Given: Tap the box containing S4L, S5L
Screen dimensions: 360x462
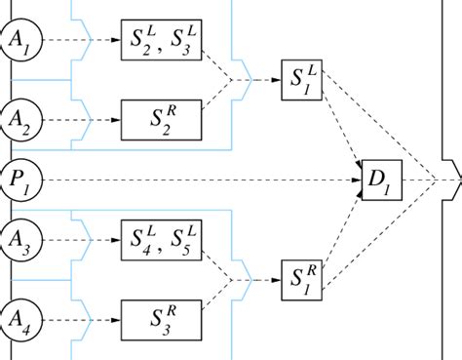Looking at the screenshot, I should [x=161, y=237].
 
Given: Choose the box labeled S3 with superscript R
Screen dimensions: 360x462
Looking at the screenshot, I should [x=161, y=317].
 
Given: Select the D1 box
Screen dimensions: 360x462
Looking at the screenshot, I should [x=377, y=180].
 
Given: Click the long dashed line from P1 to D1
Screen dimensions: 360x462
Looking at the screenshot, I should [x=195, y=180].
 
